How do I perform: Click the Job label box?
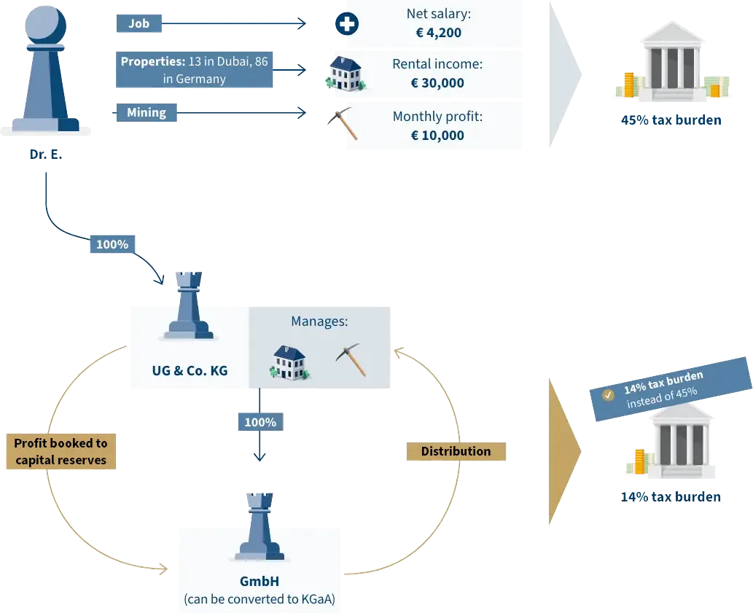tap(138, 24)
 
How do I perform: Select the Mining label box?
tap(147, 112)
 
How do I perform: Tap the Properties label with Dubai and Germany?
tap(194, 70)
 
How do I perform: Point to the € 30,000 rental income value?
tap(437, 83)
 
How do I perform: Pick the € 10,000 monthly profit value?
tap(437, 135)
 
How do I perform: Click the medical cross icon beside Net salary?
tap(346, 24)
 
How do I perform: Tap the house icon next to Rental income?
tap(344, 74)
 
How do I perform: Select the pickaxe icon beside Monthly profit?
tap(343, 122)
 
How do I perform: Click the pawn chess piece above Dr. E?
tap(45, 70)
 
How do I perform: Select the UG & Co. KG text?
tap(190, 370)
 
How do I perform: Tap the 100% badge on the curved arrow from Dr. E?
tap(112, 244)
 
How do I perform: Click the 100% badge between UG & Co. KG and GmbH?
tap(260, 421)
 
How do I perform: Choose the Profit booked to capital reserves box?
tap(61, 451)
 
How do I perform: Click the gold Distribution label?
tap(456, 451)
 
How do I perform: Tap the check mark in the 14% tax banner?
tap(608, 394)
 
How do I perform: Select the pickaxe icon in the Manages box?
tap(351, 359)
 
